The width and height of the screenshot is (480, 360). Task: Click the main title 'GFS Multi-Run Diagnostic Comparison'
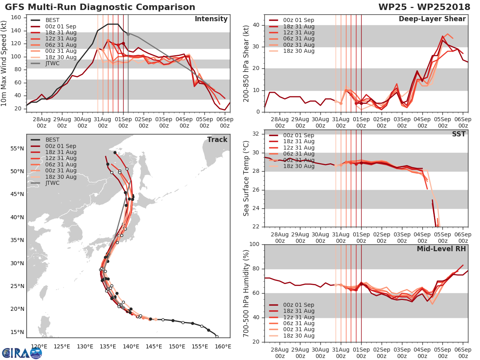coord(100,7)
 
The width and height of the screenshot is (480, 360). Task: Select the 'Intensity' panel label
coord(211,19)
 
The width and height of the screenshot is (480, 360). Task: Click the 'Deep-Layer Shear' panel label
coord(432,19)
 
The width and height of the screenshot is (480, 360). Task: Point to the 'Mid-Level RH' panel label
coord(441,249)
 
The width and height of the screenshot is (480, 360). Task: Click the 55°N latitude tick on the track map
coord(17,148)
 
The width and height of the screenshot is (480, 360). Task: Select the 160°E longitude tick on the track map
coord(223,346)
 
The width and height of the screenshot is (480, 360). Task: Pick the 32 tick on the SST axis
coord(256,134)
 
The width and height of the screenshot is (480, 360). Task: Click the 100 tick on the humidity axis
coord(254,244)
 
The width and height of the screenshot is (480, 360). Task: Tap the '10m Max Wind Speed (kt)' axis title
coord(4,62)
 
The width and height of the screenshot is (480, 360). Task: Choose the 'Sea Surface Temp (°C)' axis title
coord(246,178)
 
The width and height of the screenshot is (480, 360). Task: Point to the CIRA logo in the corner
coord(22,353)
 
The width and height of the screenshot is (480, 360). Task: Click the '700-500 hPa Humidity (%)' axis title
coord(246,293)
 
